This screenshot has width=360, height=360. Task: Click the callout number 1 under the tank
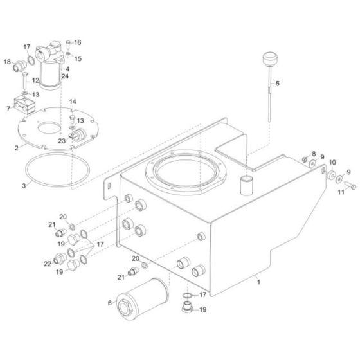click(x=258, y=281)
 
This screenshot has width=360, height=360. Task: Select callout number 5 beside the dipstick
click(x=278, y=84)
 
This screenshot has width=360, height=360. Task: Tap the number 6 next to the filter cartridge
click(x=109, y=303)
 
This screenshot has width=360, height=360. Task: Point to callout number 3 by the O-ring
click(x=24, y=185)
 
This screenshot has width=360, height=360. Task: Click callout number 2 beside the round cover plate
click(x=16, y=147)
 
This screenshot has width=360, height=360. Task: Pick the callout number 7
click(x=8, y=109)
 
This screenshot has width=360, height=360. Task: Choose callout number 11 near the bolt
click(x=341, y=192)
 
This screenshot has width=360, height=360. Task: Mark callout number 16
click(x=78, y=42)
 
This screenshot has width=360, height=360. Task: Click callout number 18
click(x=8, y=62)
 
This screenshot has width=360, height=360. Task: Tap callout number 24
click(x=64, y=76)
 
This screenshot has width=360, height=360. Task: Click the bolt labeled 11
click(x=350, y=185)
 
